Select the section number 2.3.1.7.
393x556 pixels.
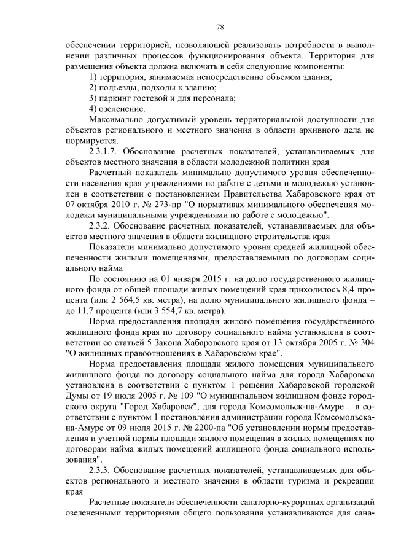click(107, 151)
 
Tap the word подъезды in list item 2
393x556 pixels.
click(120, 87)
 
